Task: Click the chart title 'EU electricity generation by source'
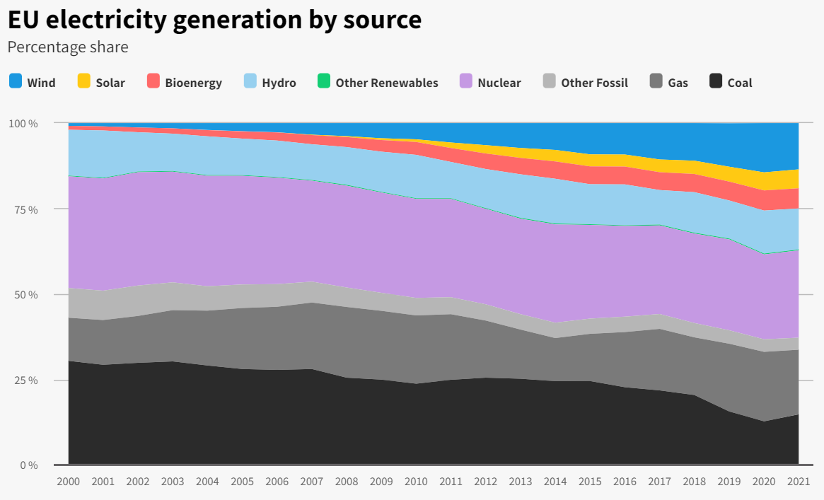tap(214, 19)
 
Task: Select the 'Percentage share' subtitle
tap(68, 47)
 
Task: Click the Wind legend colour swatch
tap(16, 81)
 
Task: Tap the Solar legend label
tap(110, 83)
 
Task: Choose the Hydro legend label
tap(279, 83)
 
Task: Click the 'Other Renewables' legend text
tap(386, 83)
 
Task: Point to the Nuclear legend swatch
tap(466, 81)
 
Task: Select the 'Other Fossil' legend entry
tap(594, 83)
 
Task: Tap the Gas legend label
tap(678, 83)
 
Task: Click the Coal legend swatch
tap(716, 81)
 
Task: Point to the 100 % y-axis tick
tap(23, 124)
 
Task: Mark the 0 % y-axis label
tap(28, 465)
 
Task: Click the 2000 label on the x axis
tap(69, 482)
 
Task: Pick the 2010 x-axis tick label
tap(416, 482)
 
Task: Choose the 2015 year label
tap(590, 482)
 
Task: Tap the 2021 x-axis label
tap(799, 482)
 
